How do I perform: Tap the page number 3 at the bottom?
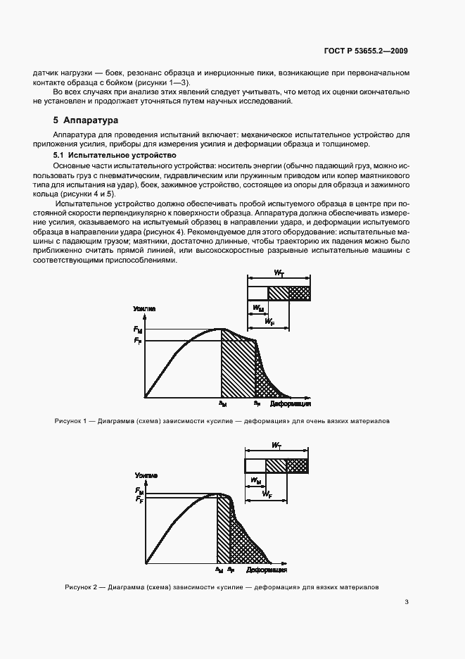[407, 602]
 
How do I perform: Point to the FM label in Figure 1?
[137, 329]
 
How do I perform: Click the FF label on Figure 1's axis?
[137, 341]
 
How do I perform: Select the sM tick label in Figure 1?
[222, 404]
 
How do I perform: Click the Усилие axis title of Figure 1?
[144, 309]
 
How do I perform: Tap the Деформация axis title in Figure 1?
[291, 405]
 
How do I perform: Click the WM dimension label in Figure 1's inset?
[257, 308]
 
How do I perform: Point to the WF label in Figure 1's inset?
[269, 321]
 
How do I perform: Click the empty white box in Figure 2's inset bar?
[255, 466]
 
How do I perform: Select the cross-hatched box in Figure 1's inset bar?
[300, 293]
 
